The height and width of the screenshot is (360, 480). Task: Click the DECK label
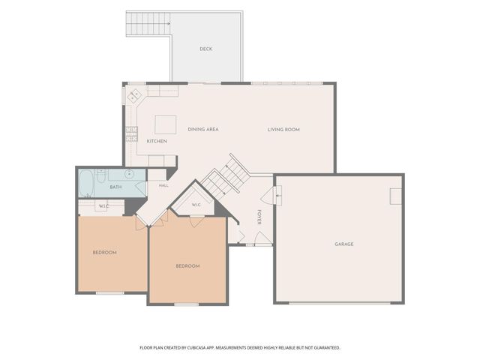click(205, 49)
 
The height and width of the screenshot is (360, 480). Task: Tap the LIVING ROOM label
click(283, 130)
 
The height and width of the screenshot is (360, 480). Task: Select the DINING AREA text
click(203, 130)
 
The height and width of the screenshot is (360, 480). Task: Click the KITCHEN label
click(157, 141)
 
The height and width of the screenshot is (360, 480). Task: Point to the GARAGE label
click(344, 244)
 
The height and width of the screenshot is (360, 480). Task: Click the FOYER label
click(259, 217)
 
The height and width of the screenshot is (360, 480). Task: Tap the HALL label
click(163, 185)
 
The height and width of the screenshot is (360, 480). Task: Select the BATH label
click(115, 187)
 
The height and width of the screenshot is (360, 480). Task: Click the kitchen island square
click(165, 124)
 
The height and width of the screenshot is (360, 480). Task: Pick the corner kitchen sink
click(133, 95)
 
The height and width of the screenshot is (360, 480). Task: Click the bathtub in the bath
click(86, 183)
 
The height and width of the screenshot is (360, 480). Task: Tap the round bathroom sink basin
click(130, 174)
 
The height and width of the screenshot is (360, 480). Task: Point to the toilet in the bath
click(101, 175)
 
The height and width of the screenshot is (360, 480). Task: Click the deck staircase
click(148, 24)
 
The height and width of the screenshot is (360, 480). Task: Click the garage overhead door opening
click(340, 303)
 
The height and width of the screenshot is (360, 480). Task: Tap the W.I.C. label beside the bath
click(103, 206)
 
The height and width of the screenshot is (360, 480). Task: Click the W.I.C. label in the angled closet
click(196, 205)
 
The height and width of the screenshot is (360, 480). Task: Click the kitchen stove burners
click(132, 134)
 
